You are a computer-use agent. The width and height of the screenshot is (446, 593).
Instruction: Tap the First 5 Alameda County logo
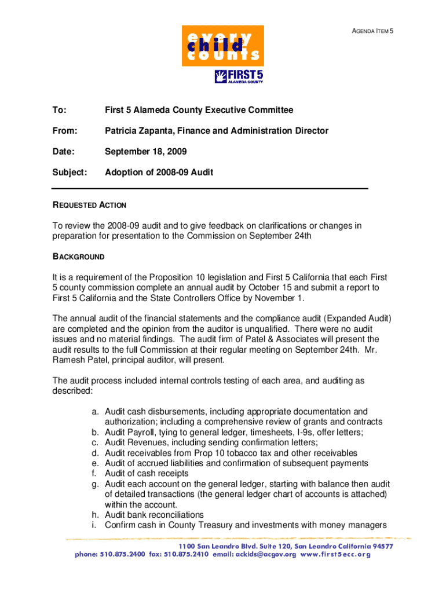(239, 76)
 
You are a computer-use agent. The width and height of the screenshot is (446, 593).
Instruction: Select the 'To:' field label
(59, 110)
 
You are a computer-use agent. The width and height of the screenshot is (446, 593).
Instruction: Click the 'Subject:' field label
(70, 173)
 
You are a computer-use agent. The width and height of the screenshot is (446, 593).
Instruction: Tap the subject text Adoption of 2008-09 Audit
(159, 173)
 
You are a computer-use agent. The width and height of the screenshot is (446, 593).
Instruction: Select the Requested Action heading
(89, 205)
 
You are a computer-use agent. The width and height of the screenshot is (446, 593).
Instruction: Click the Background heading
(79, 257)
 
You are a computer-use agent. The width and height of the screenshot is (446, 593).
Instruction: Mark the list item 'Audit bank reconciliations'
(154, 515)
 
